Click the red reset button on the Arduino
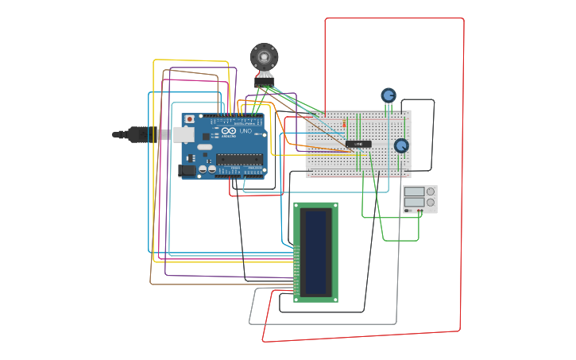point(189,119)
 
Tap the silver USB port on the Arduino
point(183,134)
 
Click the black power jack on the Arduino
point(187,169)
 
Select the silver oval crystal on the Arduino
point(205,147)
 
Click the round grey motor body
point(264,56)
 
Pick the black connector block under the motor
point(263,82)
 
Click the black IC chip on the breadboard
point(358,144)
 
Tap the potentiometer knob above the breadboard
point(388,95)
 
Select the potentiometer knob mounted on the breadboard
point(401,145)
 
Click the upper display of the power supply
point(414,192)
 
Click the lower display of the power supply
point(414,203)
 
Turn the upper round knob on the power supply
point(431,192)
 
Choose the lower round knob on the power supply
point(431,203)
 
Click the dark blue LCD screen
point(316,251)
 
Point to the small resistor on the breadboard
point(344,123)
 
